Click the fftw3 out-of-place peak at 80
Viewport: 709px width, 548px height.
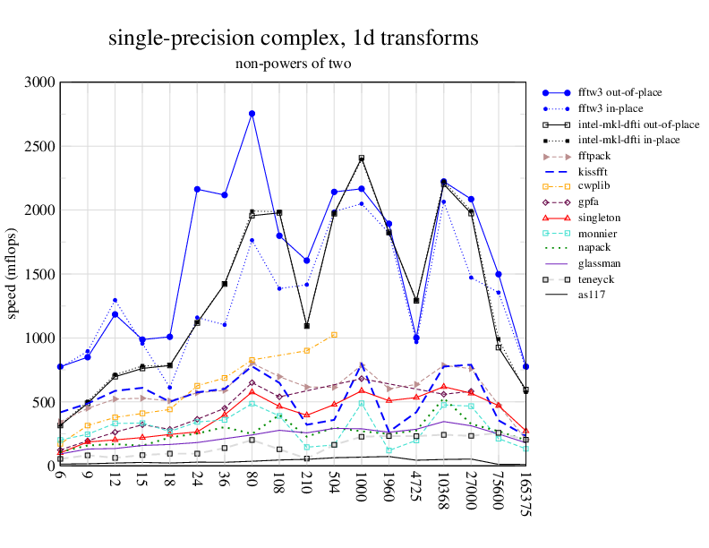tap(252, 114)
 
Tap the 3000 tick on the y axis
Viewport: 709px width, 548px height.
tap(41, 82)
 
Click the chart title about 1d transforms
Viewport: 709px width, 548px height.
tap(293, 38)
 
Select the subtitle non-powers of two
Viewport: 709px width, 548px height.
tap(293, 64)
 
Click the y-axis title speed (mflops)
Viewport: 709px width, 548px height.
tap(13, 274)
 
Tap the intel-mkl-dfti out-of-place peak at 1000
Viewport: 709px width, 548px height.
tap(362, 158)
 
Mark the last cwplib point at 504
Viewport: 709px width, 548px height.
tap(334, 335)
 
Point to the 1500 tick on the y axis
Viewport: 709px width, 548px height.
tap(41, 274)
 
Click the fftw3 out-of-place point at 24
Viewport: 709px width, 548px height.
tap(197, 189)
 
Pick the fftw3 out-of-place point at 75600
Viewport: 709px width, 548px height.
tap(499, 274)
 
